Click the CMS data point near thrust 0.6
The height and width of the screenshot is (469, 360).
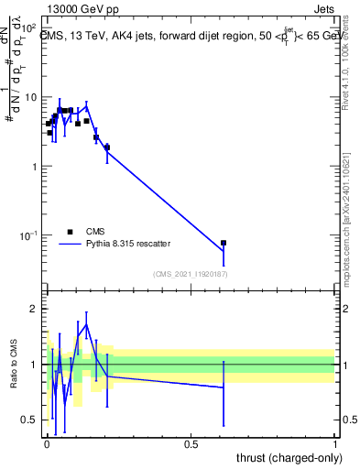click(x=224, y=243)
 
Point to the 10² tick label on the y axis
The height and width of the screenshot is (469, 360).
click(x=30, y=28)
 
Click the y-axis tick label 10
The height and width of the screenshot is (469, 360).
click(x=31, y=98)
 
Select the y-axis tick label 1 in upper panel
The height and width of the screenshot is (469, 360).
click(x=35, y=167)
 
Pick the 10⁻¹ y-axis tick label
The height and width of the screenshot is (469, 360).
click(x=29, y=235)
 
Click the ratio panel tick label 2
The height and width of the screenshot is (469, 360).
click(x=34, y=309)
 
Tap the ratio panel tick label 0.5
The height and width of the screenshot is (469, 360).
click(x=29, y=420)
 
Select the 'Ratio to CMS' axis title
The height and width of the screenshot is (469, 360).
click(x=14, y=365)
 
